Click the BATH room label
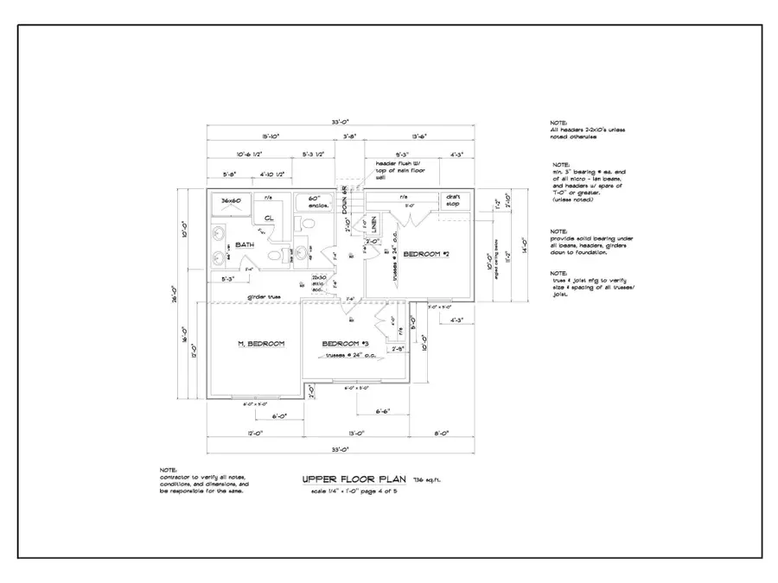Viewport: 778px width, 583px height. pyautogui.click(x=245, y=245)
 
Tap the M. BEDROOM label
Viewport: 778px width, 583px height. pyautogui.click(x=261, y=344)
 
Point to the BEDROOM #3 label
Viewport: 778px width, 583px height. pyautogui.click(x=347, y=344)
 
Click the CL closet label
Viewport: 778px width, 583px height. pyautogui.click(x=270, y=218)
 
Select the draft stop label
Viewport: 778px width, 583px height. pyautogui.click(x=453, y=201)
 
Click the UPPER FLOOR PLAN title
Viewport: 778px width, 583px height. pyautogui.click(x=354, y=478)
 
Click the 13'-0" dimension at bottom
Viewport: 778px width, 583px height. pyautogui.click(x=355, y=432)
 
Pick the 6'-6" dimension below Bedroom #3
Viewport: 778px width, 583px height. pyautogui.click(x=386, y=410)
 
